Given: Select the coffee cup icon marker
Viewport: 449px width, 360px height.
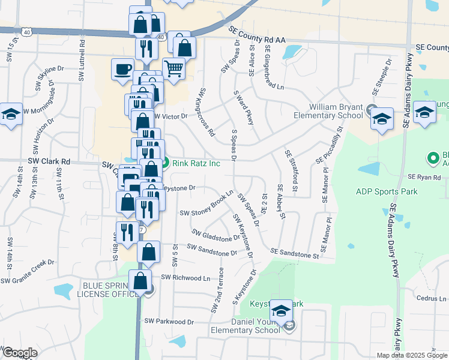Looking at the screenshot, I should pyautogui.click(x=122, y=69).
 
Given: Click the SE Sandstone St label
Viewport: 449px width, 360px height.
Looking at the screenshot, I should pyautogui.click(x=294, y=254).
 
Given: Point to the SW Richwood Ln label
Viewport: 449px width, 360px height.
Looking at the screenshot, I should pyautogui.click(x=185, y=278).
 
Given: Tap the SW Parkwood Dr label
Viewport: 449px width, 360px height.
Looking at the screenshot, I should pyautogui.click(x=169, y=322).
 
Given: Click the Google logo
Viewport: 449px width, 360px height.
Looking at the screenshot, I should pyautogui.click(x=20, y=353).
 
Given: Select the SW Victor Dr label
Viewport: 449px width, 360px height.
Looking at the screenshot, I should pyautogui.click(x=171, y=116).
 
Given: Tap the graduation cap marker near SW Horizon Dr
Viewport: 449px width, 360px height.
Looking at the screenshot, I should pyautogui.click(x=11, y=113).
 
